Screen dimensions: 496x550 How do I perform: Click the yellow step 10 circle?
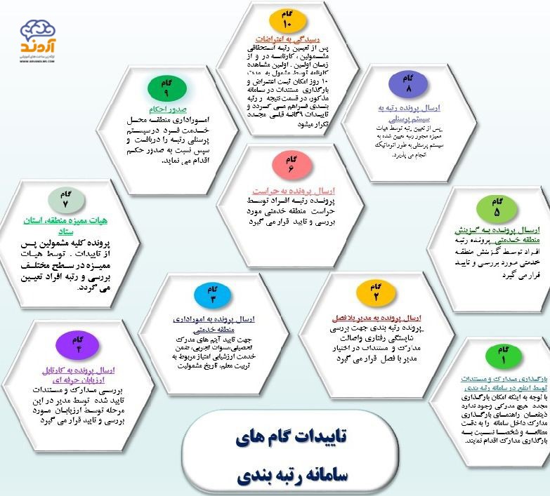287,20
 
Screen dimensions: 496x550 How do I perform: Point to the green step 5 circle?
497,208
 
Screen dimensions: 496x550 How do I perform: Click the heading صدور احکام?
166,110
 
